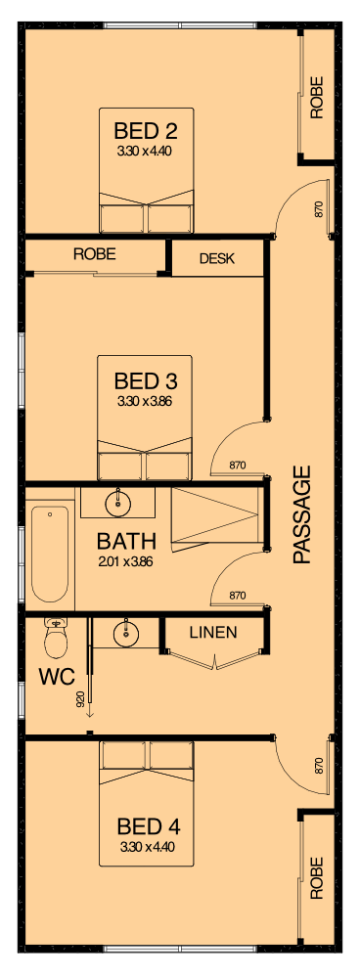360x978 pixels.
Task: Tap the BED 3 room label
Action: click(146, 379)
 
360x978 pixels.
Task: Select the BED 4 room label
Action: click(149, 827)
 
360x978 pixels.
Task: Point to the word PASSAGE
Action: click(301, 514)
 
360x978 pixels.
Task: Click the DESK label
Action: click(217, 258)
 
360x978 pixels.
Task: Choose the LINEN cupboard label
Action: click(213, 633)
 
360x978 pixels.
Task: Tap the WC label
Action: click(57, 676)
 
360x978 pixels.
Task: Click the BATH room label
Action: click(126, 541)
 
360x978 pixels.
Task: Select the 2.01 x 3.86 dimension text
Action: click(126, 561)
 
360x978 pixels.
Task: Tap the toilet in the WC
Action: click(56, 638)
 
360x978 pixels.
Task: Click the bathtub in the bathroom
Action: click(50, 554)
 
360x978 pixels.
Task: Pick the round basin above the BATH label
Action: click(117, 502)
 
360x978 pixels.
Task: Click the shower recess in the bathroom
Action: click(215, 517)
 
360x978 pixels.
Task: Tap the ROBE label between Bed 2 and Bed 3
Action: click(95, 254)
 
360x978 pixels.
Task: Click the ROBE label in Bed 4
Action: click(317, 877)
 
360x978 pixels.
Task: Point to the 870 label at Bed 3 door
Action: click(237, 465)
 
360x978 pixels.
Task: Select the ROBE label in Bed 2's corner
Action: click(317, 97)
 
